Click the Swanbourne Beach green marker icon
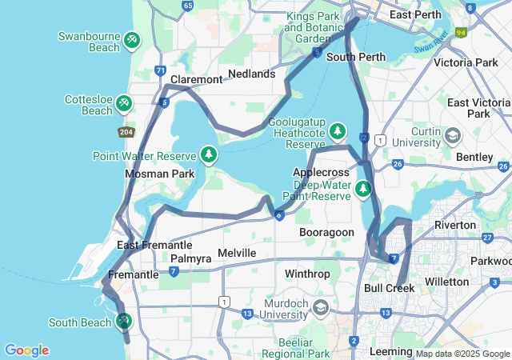pyautogui.click(x=132, y=38)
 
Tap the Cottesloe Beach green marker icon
pyautogui.click(x=123, y=102)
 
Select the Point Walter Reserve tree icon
pyautogui.click(x=209, y=153)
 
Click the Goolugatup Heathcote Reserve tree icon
pyautogui.click(x=338, y=130)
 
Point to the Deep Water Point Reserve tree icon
pyautogui.click(x=363, y=189)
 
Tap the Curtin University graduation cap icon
pyautogui.click(x=453, y=135)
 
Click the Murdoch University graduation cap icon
pyautogui.click(x=320, y=307)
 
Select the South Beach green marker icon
pyautogui.click(x=123, y=321)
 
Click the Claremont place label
pyautogui.click(x=196, y=80)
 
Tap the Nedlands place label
pyautogui.click(x=251, y=74)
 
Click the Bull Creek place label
pyautogui.click(x=389, y=288)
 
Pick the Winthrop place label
pyautogui.click(x=307, y=274)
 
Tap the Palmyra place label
pyautogui.click(x=191, y=259)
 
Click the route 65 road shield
pyautogui.click(x=188, y=6)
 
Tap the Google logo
pyautogui.click(x=26, y=350)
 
